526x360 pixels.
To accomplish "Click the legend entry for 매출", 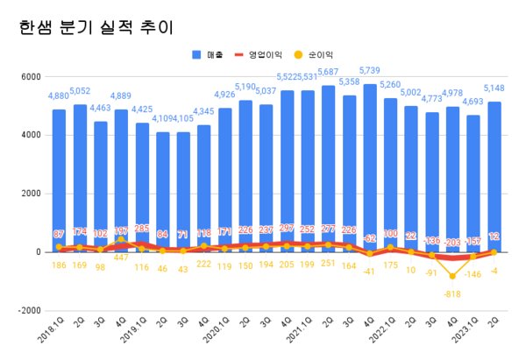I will pos(209,55).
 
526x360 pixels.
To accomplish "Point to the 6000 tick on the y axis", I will pos(32,76).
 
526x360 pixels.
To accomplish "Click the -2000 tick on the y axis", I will pos(30,310).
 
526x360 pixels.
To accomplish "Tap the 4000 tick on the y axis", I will pos(32,135).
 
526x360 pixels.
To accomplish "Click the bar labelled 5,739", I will pos(370,166).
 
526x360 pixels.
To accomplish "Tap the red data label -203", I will pos(452,243).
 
